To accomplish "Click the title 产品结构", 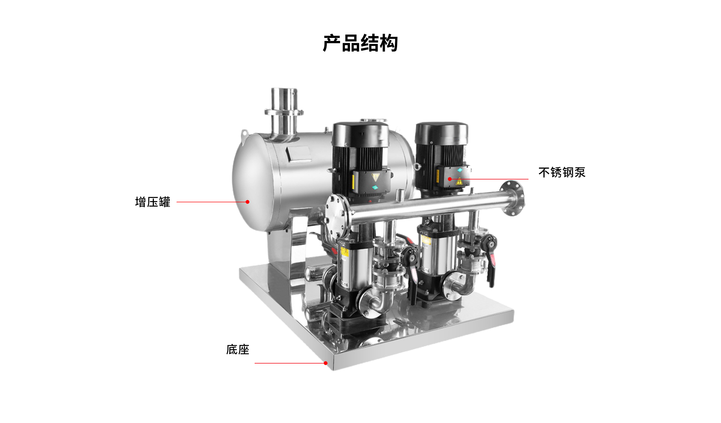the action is point(360,43).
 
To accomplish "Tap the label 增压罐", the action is point(153,202).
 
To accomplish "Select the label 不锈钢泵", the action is point(562,172).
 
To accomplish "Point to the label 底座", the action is point(238,350).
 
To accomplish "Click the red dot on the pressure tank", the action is point(247,202).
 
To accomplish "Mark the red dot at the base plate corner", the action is point(325,363).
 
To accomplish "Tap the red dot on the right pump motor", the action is point(450,179).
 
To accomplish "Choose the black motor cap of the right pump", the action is point(441,133).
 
